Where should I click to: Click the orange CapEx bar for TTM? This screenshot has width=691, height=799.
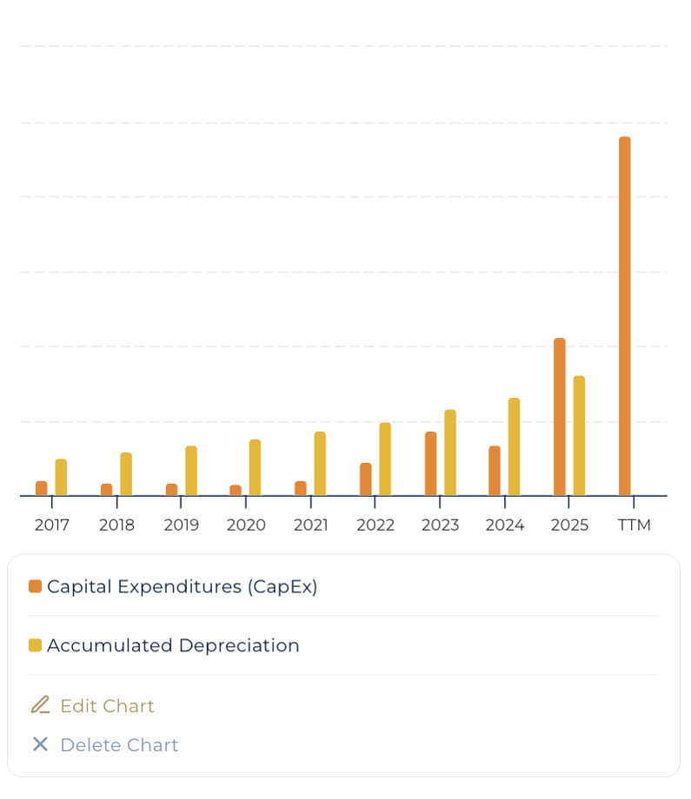click(624, 316)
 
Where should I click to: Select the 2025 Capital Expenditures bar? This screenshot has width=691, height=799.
click(559, 417)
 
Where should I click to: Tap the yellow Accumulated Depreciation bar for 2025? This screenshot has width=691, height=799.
click(579, 435)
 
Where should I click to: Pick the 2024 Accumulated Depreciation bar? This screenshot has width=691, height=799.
click(514, 446)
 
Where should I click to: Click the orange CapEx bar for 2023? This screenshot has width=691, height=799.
click(430, 464)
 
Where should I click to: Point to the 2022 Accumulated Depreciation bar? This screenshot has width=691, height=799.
click(385, 459)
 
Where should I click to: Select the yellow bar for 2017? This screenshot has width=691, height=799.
click(61, 478)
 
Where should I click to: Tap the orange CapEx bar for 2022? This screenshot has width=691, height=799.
click(365, 479)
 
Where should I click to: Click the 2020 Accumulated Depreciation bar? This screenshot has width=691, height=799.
click(255, 467)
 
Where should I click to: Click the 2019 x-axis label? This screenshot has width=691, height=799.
click(181, 525)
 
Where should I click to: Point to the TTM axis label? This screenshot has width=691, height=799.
click(634, 525)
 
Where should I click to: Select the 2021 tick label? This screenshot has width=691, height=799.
click(310, 525)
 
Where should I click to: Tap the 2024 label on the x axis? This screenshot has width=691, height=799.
click(504, 525)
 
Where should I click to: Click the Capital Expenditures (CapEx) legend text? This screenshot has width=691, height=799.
click(183, 587)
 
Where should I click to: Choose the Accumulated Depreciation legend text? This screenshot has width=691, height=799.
click(173, 646)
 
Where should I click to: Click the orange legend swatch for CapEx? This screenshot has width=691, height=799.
click(35, 587)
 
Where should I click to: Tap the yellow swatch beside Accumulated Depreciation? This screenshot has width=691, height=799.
click(35, 645)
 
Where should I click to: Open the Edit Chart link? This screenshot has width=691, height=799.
click(107, 706)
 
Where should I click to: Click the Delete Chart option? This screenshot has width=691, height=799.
click(119, 745)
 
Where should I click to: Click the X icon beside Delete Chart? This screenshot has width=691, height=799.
click(40, 744)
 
